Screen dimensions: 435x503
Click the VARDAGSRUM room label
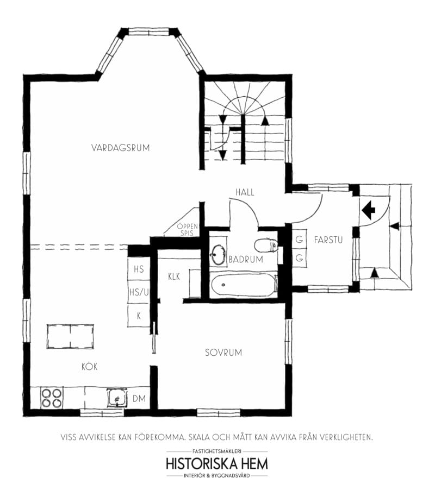click(120, 148)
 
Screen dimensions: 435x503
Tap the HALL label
click(245, 192)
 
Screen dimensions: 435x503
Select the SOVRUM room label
click(223, 353)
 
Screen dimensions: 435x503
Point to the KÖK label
click(89, 366)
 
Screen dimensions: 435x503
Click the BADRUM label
click(246, 259)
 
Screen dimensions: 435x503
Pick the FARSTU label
click(328, 240)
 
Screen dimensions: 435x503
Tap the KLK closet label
click(174, 276)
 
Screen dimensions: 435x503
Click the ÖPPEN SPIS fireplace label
click(187, 230)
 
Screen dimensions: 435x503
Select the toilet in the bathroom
click(266, 246)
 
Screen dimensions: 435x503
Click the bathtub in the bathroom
click(244, 285)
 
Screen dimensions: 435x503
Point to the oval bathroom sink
click(218, 255)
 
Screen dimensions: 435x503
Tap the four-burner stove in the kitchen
click(52, 398)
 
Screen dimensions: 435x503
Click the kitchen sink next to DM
click(117, 398)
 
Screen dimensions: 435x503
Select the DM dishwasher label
click(139, 399)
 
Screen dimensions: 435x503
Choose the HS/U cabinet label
click(139, 292)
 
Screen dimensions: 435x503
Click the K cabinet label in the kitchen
click(139, 316)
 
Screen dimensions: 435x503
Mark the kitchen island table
click(70, 336)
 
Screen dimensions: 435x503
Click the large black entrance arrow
click(368, 210)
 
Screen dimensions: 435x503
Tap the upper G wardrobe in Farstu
click(299, 240)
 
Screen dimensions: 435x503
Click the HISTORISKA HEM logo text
click(217, 464)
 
